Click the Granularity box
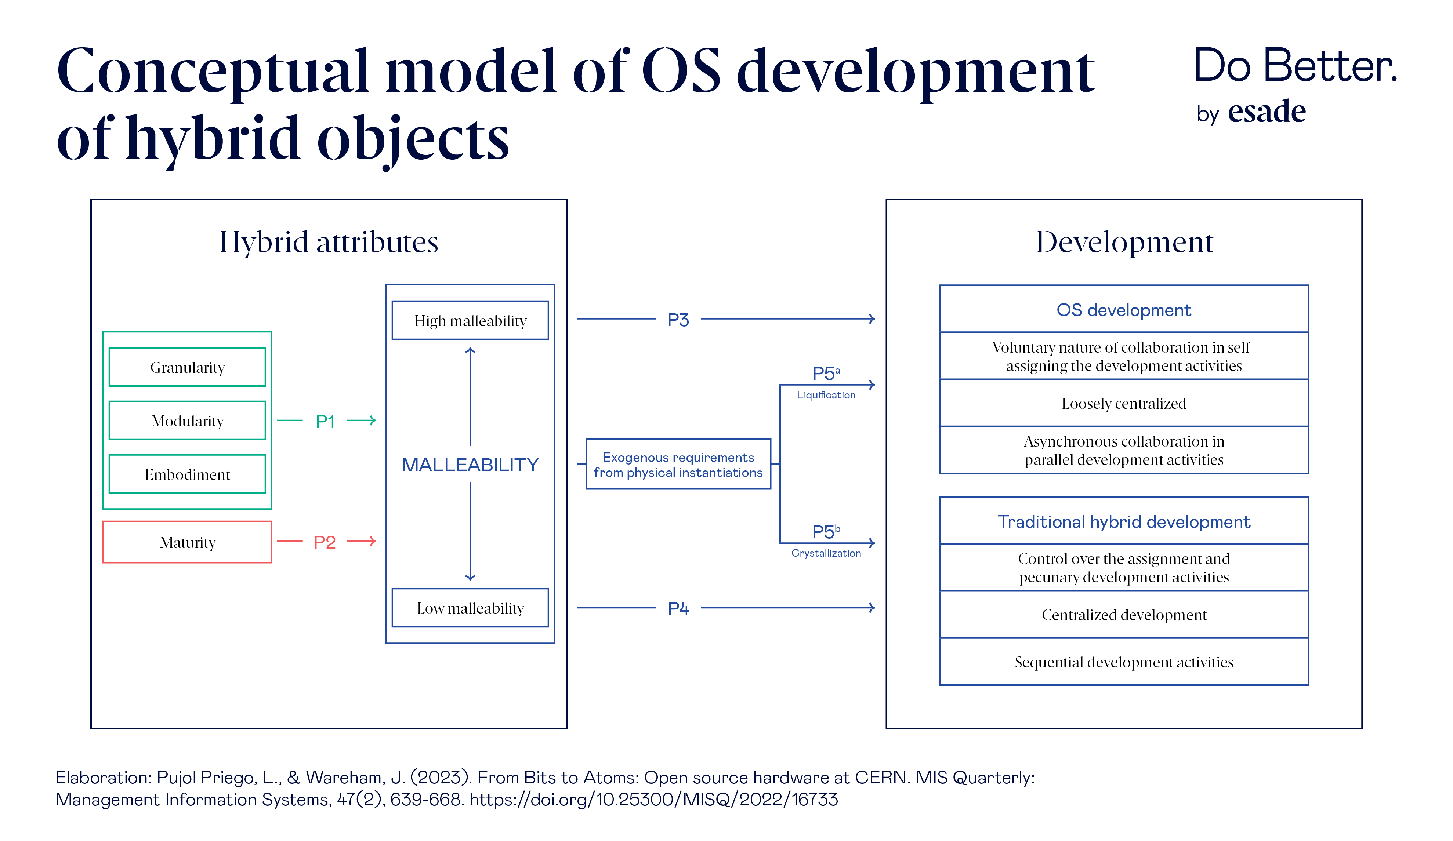pyautogui.click(x=187, y=367)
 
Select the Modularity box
pyautogui.click(x=187, y=421)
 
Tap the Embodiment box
pyautogui.click(x=187, y=474)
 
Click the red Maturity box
pyautogui.click(x=187, y=542)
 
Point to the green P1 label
pyautogui.click(x=325, y=421)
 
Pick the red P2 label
pyautogui.click(x=325, y=542)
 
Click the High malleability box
pyautogui.click(x=470, y=320)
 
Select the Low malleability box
pyautogui.click(x=470, y=608)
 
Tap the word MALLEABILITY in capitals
pyautogui.click(x=470, y=465)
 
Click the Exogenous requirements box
pyautogui.click(x=678, y=465)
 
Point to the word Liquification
pyautogui.click(x=826, y=395)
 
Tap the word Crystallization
pyautogui.click(x=826, y=553)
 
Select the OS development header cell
pyautogui.click(x=1123, y=310)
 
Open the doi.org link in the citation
pyautogui.click(x=653, y=800)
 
